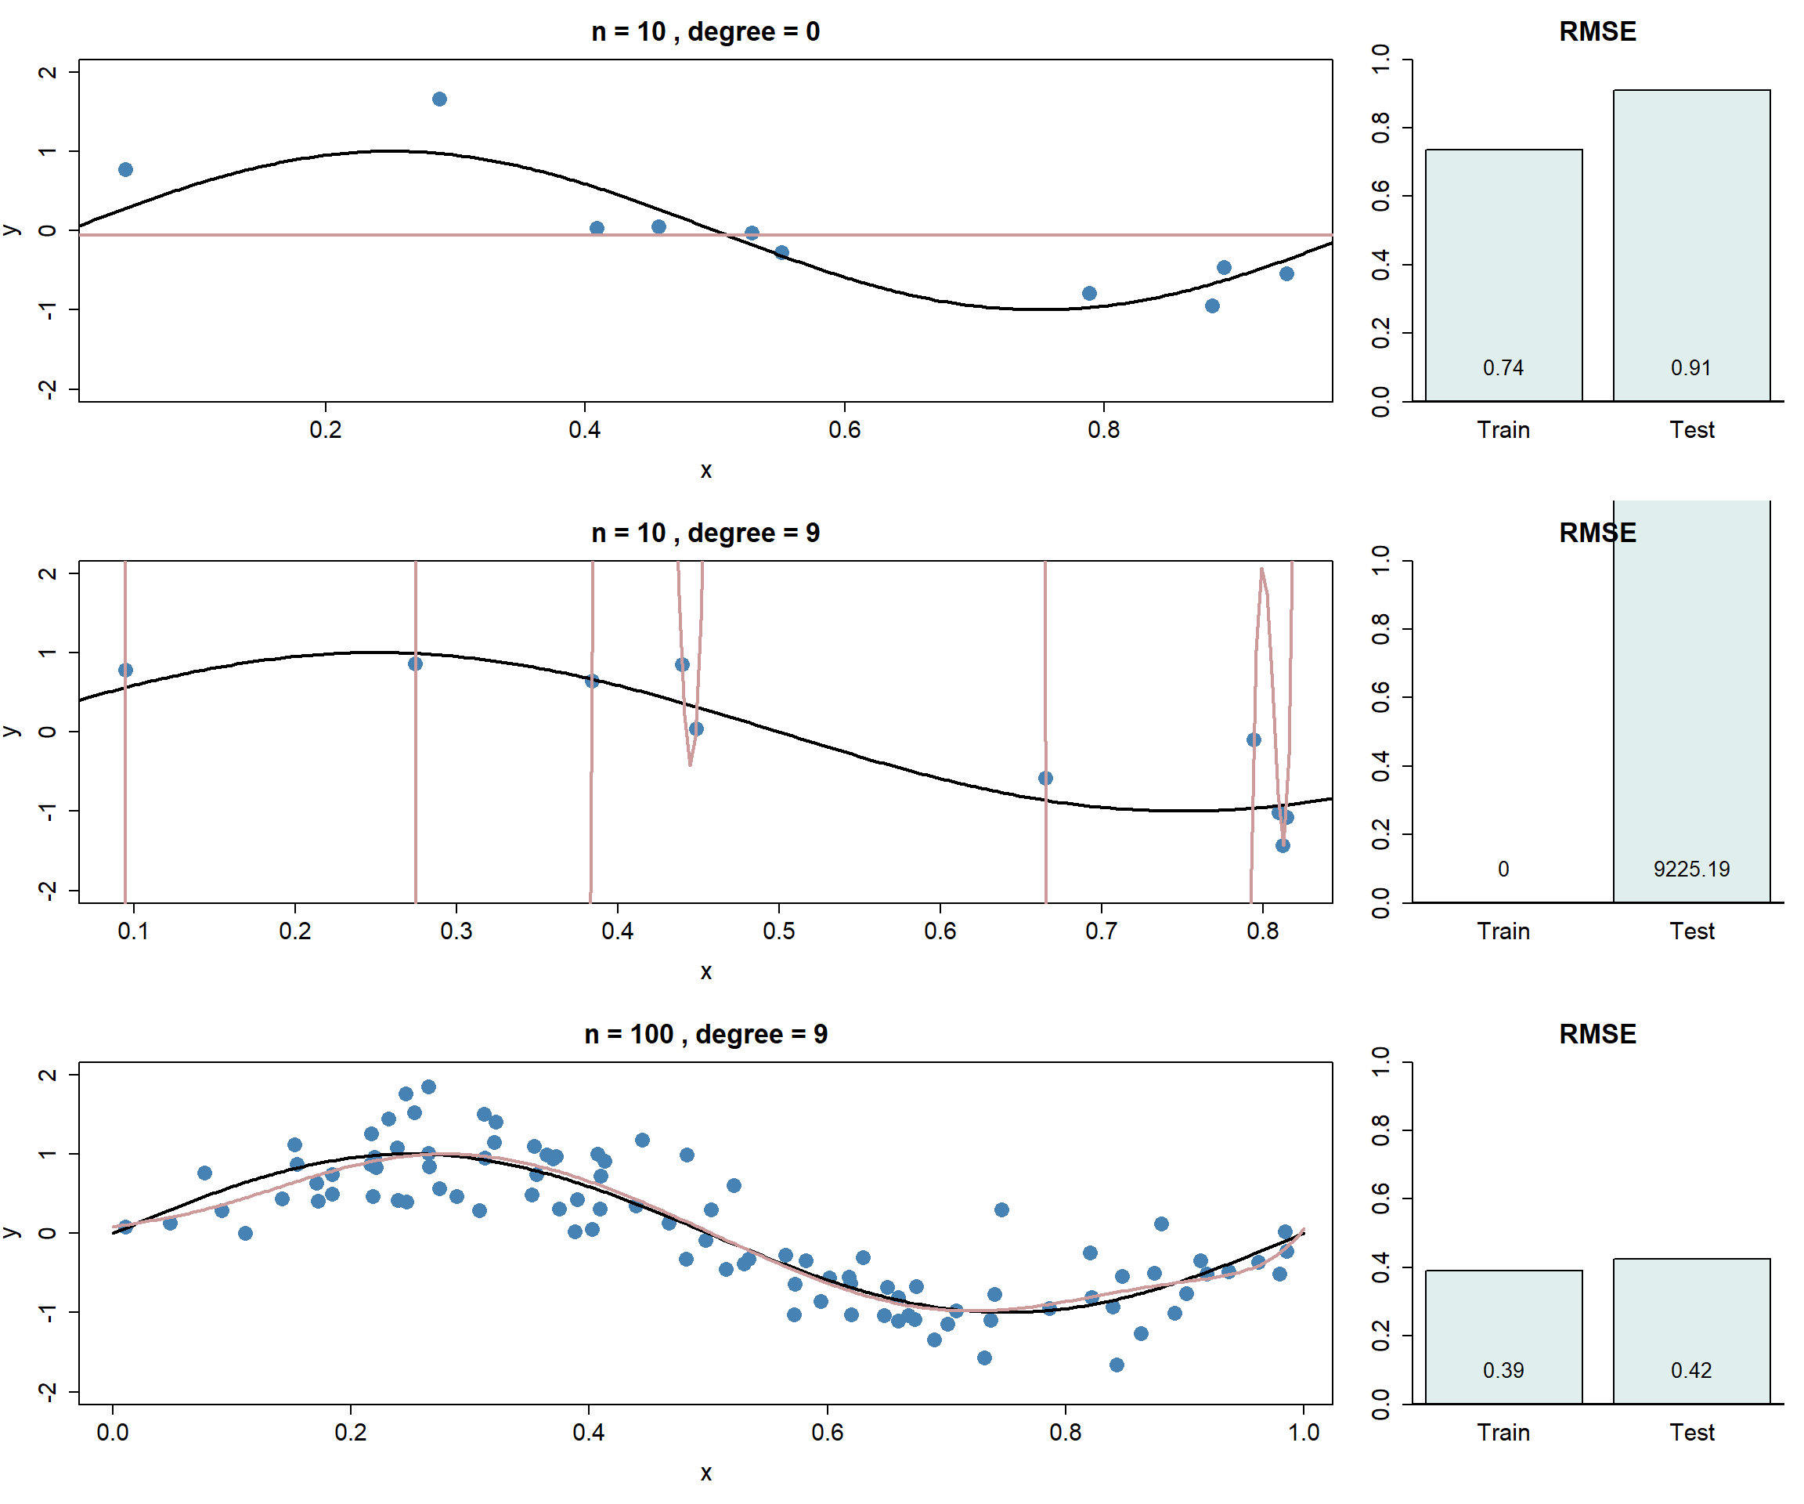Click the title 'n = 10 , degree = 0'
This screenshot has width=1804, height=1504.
(705, 32)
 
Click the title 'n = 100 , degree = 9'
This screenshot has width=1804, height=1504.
(705, 1034)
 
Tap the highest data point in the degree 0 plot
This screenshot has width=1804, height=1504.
(439, 99)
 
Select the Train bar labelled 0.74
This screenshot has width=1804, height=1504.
(1503, 275)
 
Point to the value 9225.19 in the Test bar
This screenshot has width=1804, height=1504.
(1690, 869)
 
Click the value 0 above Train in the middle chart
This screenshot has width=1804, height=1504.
(1503, 869)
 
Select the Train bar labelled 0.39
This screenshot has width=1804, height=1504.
(1503, 1336)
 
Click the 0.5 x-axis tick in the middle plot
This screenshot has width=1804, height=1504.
(778, 931)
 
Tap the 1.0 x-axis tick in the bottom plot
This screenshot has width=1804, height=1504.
(1303, 1432)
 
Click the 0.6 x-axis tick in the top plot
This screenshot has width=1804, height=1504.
(843, 430)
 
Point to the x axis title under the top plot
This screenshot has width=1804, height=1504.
(705, 470)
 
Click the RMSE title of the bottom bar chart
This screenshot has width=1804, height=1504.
(1597, 1034)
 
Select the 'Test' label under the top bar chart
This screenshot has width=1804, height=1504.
(1690, 430)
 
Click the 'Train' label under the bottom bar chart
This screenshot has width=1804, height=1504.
(1503, 1432)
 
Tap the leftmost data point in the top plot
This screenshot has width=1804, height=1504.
(125, 169)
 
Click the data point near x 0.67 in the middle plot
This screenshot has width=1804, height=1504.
(1045, 778)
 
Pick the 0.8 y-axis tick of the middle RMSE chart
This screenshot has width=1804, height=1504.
(1380, 629)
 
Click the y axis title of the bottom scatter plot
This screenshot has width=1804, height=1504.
(11, 1232)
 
